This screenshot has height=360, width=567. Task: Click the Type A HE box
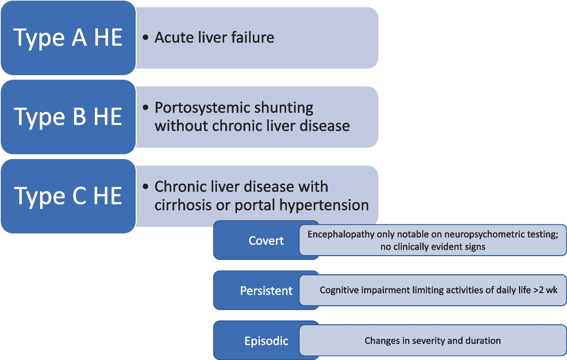[68, 38]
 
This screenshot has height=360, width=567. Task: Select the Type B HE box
[68, 117]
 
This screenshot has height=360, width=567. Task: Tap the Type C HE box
[68, 196]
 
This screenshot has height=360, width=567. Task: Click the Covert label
[266, 241]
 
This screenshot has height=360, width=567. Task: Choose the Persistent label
[266, 291]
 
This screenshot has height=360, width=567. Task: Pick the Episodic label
[266, 341]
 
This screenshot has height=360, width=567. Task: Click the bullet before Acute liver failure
[146, 37]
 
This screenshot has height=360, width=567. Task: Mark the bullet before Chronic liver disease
[146, 187]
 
